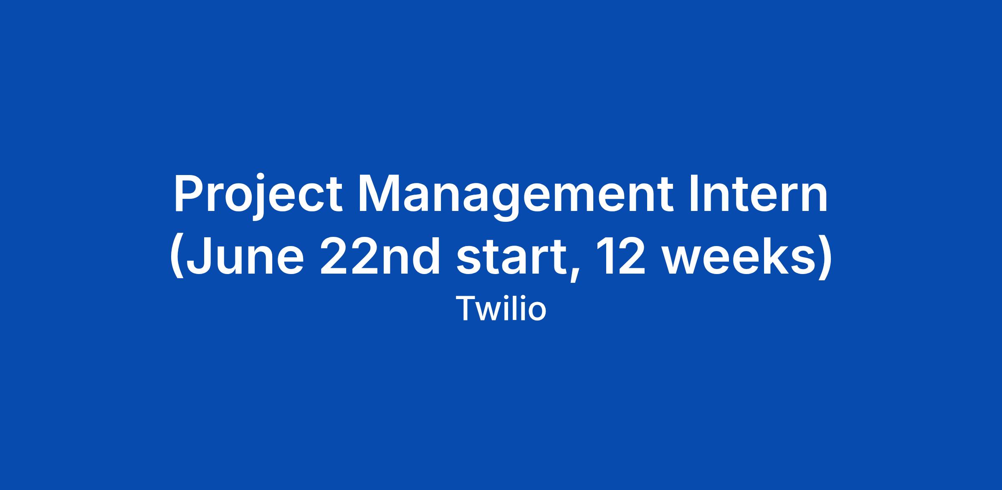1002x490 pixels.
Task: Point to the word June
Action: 245,256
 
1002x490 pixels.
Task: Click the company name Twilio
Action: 501,309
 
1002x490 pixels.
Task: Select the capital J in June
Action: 198,256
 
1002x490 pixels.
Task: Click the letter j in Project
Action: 257,198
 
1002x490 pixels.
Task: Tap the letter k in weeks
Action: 769,256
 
